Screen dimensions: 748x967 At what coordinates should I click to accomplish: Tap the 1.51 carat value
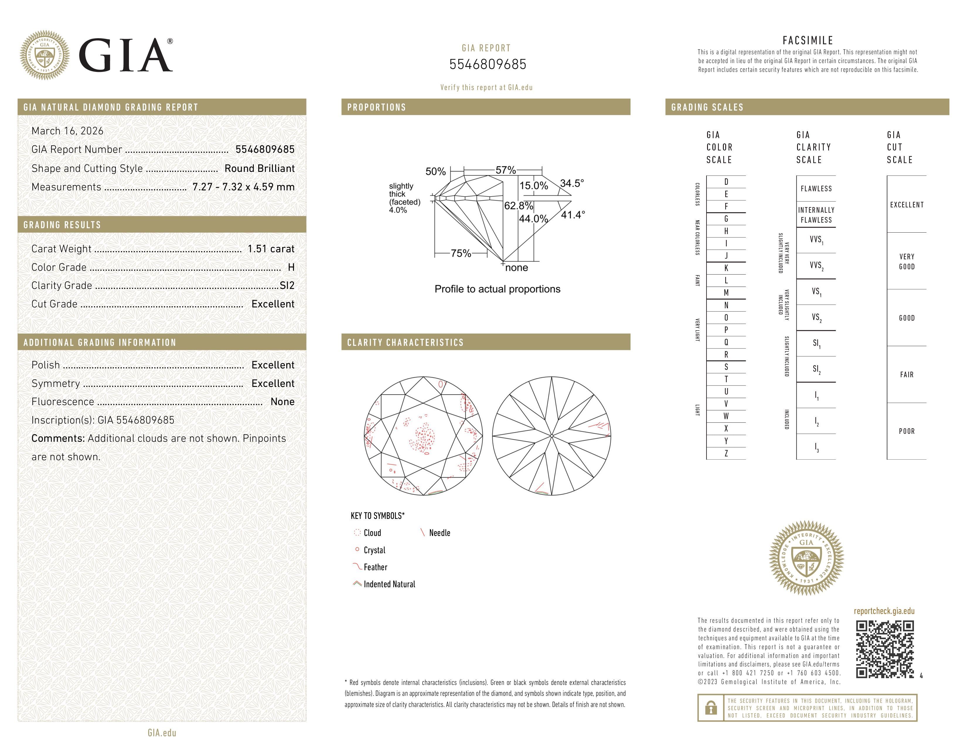(270, 249)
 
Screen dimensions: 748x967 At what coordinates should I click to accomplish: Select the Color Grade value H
(291, 267)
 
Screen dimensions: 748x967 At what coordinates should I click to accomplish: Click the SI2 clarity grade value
(287, 286)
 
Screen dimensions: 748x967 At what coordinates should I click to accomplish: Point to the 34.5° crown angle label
(572, 183)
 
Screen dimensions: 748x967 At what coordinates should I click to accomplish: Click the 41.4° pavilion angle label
(573, 215)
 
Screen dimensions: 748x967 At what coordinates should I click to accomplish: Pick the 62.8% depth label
(518, 206)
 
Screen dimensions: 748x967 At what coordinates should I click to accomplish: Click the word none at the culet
(516, 268)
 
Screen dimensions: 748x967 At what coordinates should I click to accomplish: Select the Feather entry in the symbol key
(375, 567)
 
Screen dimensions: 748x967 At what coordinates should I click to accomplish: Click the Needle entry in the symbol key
(439, 533)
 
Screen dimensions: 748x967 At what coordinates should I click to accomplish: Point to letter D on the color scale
(726, 182)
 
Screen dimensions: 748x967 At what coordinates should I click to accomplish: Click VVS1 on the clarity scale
(816, 240)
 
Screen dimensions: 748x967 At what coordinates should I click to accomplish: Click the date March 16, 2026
(67, 131)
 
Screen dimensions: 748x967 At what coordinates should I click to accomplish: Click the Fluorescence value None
(282, 402)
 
